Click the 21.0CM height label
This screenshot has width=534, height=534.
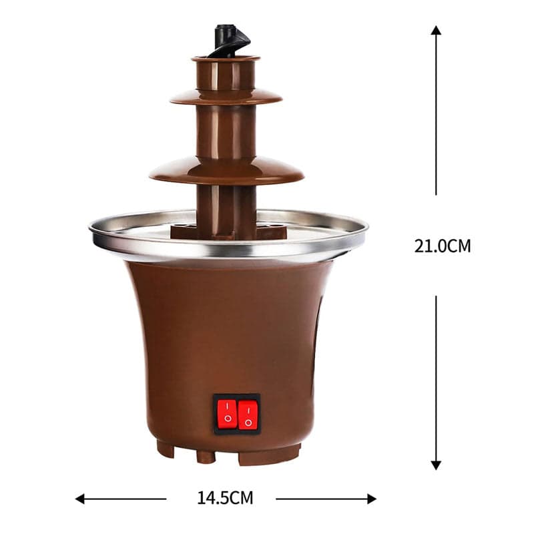[442, 246]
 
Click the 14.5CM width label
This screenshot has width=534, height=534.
[225, 497]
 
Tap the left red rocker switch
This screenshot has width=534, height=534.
[228, 413]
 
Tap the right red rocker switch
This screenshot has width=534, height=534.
[248, 414]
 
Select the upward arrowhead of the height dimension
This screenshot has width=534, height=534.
[436, 31]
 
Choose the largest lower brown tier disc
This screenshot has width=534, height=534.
[226, 172]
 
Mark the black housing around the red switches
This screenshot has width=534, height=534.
[237, 397]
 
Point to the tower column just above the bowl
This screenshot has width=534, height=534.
[226, 207]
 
